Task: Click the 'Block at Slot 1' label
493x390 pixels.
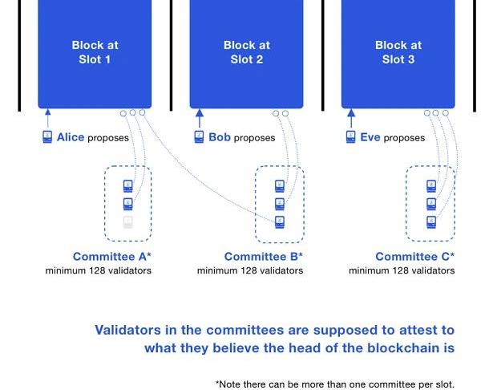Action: [x=95, y=52]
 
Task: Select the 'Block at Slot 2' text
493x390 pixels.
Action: [x=246, y=52]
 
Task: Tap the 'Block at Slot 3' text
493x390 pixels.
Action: [x=398, y=52]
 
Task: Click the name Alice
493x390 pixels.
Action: [x=71, y=137]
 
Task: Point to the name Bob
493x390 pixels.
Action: [x=220, y=137]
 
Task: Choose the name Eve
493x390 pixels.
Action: [x=370, y=137]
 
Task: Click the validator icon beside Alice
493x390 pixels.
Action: [x=47, y=137]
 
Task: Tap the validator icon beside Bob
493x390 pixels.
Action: [x=199, y=137]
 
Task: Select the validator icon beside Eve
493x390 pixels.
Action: [x=350, y=137]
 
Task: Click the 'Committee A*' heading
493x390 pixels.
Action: [x=111, y=257]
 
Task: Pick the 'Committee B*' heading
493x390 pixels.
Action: [x=263, y=257]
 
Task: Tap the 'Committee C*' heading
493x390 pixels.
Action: [x=414, y=257]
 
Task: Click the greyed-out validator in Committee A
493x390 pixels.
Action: [x=128, y=221]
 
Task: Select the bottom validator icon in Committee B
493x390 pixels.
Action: [x=280, y=221]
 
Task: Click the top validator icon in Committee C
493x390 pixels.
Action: [x=431, y=186]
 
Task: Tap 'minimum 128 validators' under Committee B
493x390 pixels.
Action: [x=250, y=271]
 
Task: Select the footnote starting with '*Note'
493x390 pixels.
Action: [x=334, y=384]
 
